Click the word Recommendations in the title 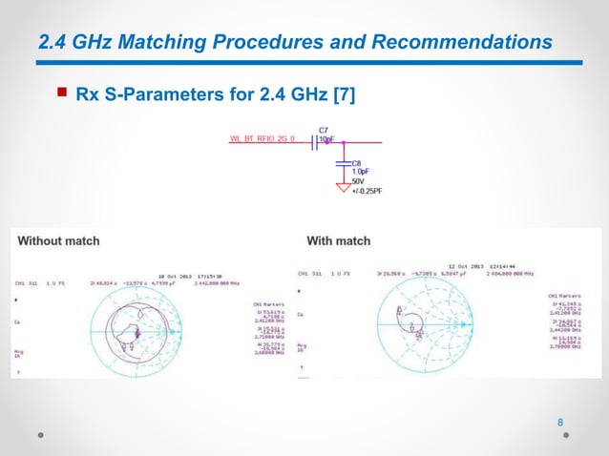pos(462,42)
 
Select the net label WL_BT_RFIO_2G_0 pos(262,138)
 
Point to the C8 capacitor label pos(357,163)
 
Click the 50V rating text pos(359,181)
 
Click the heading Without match pos(58,240)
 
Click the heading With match pos(338,240)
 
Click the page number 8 pos(560,423)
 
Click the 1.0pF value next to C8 pos(361,172)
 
